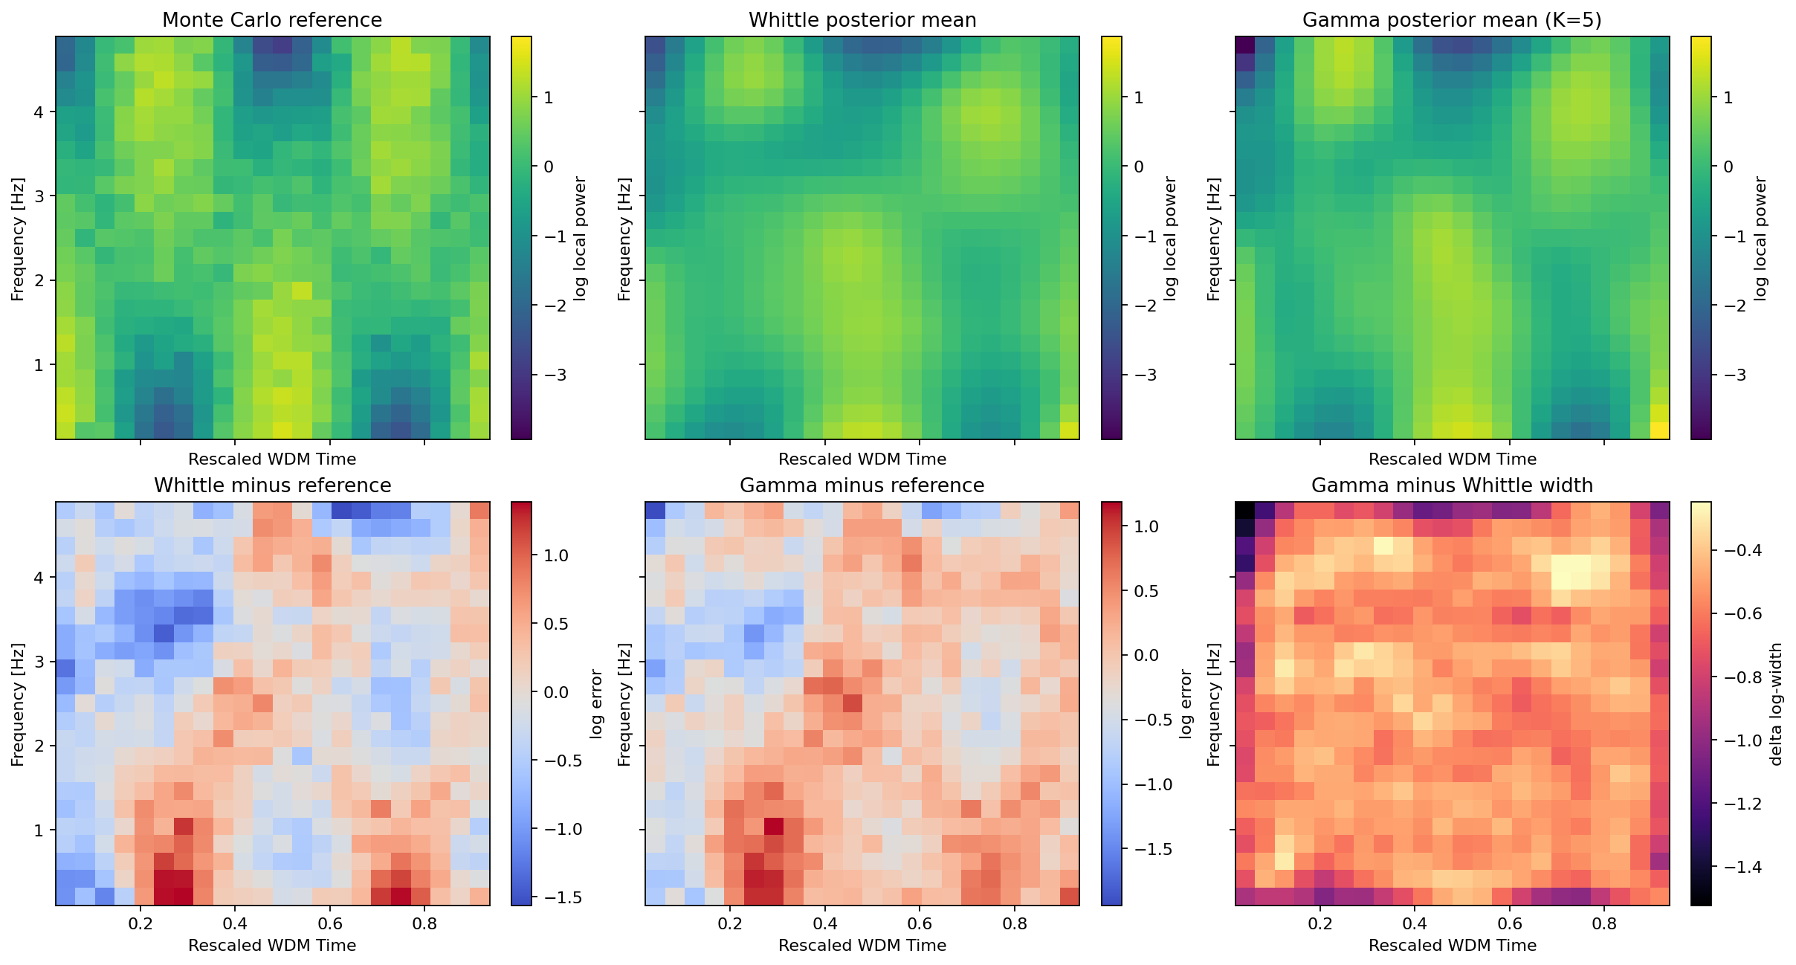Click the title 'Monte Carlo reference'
tap(272, 20)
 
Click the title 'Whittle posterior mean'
tap(862, 20)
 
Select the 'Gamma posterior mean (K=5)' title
tap(1452, 20)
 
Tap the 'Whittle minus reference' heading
tap(272, 485)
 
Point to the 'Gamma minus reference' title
tap(862, 485)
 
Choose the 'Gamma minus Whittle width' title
tap(1452, 485)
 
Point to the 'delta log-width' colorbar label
tap(1777, 704)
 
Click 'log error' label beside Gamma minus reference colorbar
tap(1186, 704)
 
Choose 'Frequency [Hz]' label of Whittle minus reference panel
tap(18, 704)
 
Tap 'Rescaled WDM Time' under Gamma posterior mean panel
tap(1452, 459)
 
